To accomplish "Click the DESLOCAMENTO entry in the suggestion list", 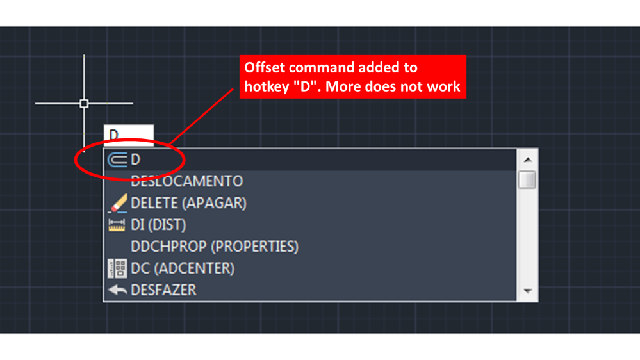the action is coord(186,181).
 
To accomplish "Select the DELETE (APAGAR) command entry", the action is coord(188,203).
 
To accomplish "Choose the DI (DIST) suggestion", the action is coord(158,225).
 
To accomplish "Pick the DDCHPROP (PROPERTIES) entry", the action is coord(215,247).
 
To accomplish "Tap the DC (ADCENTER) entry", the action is coord(183,268).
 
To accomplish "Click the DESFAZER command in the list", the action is coord(163,290).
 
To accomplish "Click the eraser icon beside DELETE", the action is coord(117,203).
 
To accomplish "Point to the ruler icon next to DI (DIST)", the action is coord(117,225).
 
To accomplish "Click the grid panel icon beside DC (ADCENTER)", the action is coord(117,268).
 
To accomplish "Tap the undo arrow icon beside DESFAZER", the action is coord(117,290).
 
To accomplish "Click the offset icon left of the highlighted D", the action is coord(117,160).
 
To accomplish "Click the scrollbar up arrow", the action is coord(527,160).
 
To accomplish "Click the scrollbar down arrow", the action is coord(527,291).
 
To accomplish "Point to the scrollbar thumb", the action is coord(527,180).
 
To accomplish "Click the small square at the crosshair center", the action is coord(84,103).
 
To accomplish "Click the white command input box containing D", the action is coord(129,135).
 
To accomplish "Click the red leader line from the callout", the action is coord(201,117).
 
